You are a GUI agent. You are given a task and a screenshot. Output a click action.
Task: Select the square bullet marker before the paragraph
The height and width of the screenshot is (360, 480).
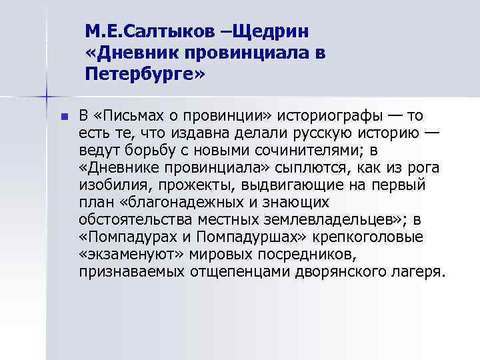(x=64, y=116)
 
